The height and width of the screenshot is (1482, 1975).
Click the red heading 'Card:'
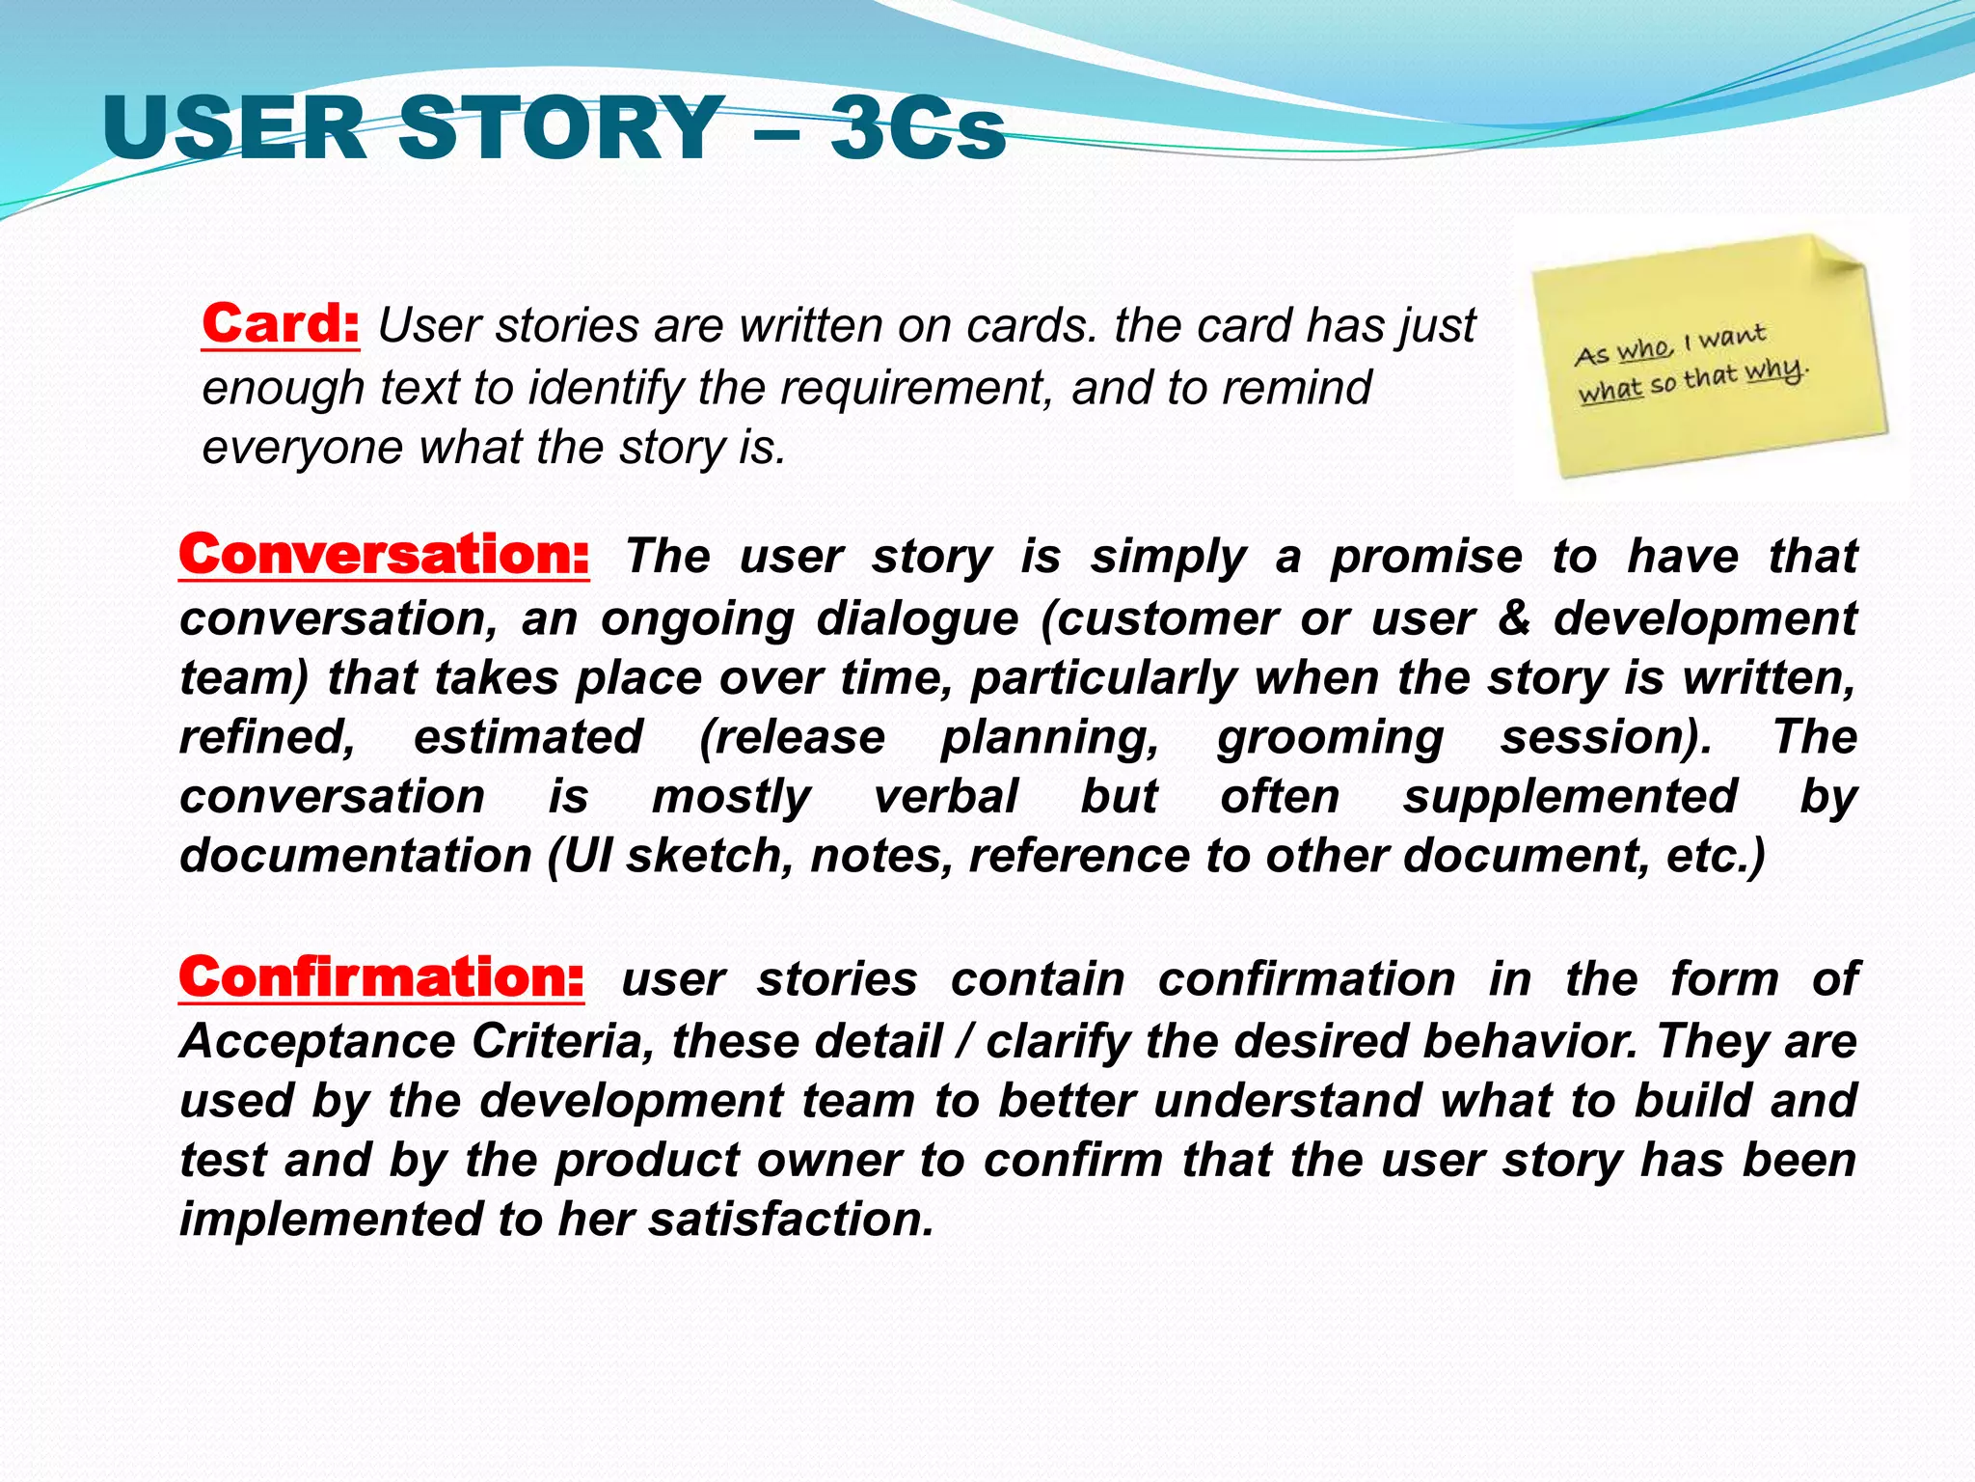coord(281,324)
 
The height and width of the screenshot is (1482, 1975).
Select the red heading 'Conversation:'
coord(384,556)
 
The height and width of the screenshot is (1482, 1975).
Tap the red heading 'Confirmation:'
coord(382,978)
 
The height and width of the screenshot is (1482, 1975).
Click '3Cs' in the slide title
coord(918,128)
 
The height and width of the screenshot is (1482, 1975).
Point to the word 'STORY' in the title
coord(561,128)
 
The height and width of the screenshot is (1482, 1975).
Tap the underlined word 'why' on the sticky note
coord(1773,370)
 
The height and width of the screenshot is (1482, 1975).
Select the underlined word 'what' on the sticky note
coord(1610,390)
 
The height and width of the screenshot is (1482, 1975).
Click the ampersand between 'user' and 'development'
coord(1514,618)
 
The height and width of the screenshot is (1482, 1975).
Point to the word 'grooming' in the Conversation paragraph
coord(1330,738)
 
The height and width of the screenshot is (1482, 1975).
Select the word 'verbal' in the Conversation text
coord(945,798)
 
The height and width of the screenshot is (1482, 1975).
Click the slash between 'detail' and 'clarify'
coord(963,1042)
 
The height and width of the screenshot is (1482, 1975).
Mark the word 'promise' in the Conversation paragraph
coord(1426,558)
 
